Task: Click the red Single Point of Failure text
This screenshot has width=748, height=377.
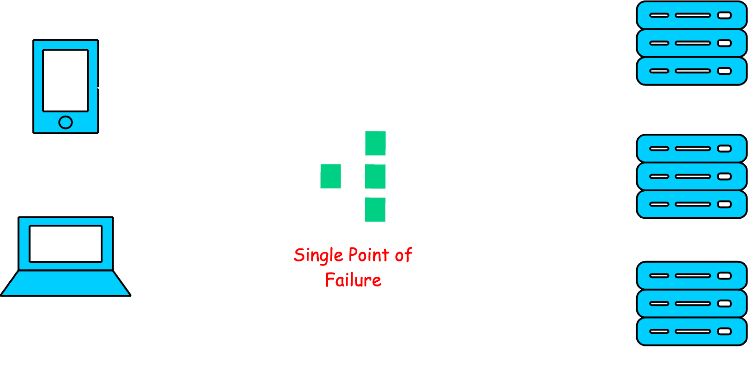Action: click(x=353, y=267)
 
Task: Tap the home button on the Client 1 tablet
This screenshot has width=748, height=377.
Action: click(x=66, y=122)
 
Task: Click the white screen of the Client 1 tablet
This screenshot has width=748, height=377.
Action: click(x=66, y=80)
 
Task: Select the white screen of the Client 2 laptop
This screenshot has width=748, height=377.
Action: click(x=65, y=243)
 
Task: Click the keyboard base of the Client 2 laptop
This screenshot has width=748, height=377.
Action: click(x=65, y=283)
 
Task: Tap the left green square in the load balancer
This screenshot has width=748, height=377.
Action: click(x=331, y=176)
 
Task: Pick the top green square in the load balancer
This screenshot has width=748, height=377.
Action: click(x=375, y=143)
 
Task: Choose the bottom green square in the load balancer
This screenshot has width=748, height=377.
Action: click(x=375, y=209)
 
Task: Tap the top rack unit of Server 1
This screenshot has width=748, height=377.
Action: click(x=691, y=15)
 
